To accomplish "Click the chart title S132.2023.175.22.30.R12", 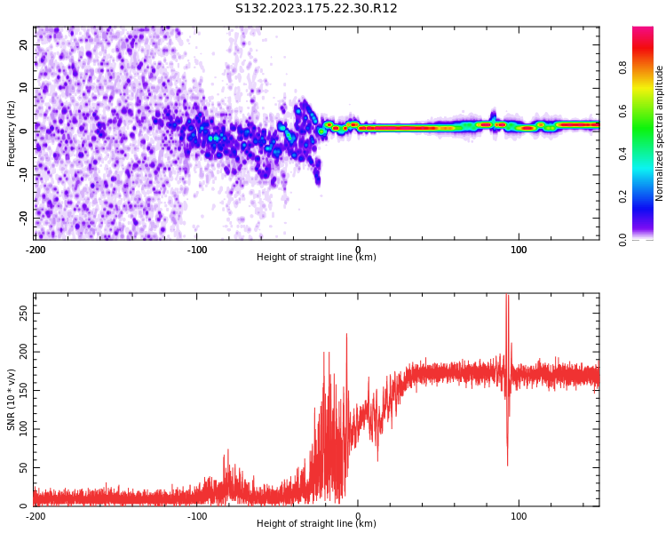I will point(316,9).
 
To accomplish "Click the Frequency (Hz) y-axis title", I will point(12,133).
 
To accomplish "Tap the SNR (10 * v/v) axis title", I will point(12,400).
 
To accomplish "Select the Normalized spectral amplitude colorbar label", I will point(660,133).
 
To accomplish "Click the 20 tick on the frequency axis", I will point(23,44).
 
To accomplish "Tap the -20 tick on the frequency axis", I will point(21,217).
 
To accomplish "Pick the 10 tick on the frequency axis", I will point(23,88).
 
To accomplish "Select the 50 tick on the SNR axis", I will point(23,468).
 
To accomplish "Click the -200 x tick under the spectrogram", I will point(36,250).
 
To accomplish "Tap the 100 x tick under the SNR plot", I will point(519,516).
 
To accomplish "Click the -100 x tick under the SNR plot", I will point(197,516).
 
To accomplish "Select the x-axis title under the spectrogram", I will point(316,258).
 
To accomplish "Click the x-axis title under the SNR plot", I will point(316,524).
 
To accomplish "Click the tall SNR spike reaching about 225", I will point(346,336).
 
